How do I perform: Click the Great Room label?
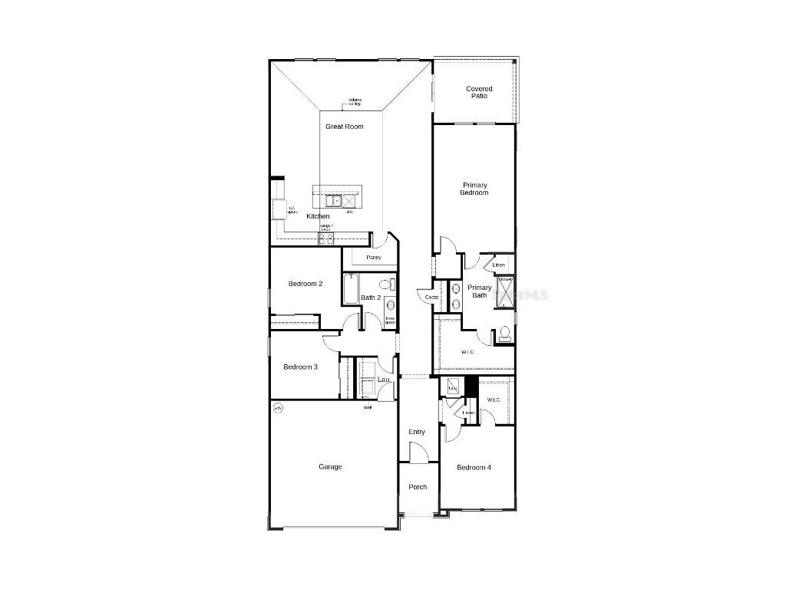coord(344,127)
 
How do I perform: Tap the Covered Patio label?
coord(479,92)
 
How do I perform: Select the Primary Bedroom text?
coord(474,189)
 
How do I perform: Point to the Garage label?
coord(330,466)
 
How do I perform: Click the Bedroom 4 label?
coord(474,467)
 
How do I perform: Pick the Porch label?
coord(418,487)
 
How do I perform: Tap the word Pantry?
coord(374,258)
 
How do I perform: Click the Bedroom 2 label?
coord(305,284)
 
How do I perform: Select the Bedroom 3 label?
coord(300,367)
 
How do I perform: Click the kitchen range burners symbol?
coord(326,239)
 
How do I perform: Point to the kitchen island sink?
coord(332,201)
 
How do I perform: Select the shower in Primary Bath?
coord(505,292)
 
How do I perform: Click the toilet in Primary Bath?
coord(504,334)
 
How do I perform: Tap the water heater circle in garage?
coord(278,408)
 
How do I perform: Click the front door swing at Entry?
coord(419,454)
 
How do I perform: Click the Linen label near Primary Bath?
coord(499,265)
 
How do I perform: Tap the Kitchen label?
coord(318,216)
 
